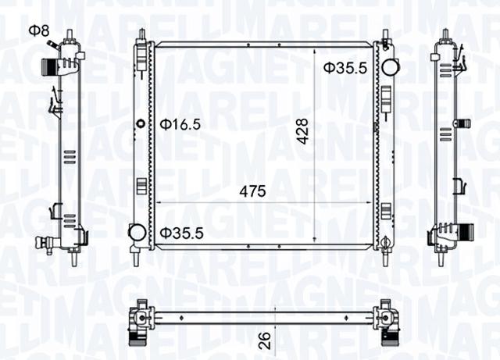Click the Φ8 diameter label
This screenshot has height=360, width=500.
click(38, 30)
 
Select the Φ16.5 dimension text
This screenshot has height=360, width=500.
click(180, 123)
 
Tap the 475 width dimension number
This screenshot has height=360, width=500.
click(252, 191)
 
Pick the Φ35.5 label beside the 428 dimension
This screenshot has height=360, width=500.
click(345, 68)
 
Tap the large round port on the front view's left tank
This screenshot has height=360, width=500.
click(137, 232)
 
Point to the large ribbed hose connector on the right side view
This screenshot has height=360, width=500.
click(466, 232)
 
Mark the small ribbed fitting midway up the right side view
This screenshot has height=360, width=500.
click(463, 123)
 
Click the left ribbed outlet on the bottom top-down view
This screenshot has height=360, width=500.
click(137, 337)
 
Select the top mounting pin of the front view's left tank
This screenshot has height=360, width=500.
click(141, 35)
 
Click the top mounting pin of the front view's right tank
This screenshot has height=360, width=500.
click(386, 35)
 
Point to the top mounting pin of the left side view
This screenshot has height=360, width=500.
click(70, 34)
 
